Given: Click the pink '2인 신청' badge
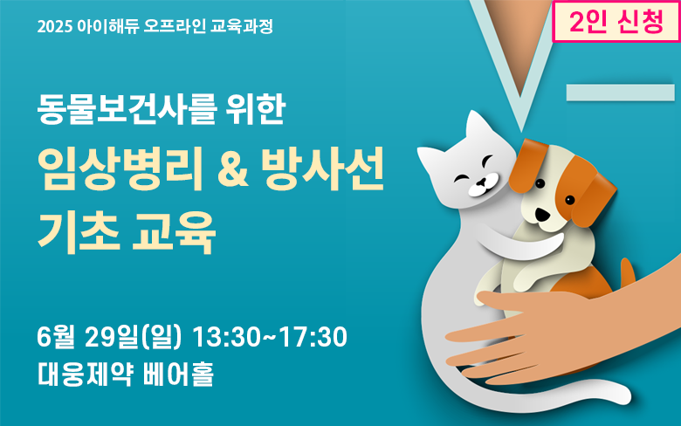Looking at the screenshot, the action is [616, 22].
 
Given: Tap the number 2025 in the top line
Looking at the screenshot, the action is [54, 27].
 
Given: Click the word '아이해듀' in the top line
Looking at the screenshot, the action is [107, 26].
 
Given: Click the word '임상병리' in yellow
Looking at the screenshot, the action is [120, 169].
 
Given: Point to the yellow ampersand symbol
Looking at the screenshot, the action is [232, 170].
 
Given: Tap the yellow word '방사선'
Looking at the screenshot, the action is [323, 169].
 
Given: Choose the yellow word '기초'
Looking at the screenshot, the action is [79, 232].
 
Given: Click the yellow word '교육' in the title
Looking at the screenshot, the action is [174, 232].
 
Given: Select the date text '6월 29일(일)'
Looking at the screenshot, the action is [109, 337].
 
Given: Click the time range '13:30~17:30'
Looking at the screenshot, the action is [269, 337].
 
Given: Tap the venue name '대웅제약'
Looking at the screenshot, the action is [85, 374].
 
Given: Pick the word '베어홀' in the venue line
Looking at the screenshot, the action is [178, 374].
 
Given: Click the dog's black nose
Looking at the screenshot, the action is [541, 214].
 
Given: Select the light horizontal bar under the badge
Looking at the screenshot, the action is [621, 93].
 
